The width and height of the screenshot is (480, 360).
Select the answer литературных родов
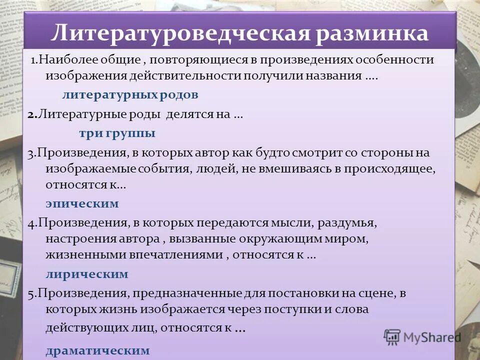[130, 94]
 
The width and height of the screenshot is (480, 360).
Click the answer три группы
[117, 133]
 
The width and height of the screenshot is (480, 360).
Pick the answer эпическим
[82, 203]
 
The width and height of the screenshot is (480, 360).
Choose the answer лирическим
[87, 274]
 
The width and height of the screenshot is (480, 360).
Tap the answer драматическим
[97, 350]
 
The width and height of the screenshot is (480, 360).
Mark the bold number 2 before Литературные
[31, 114]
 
